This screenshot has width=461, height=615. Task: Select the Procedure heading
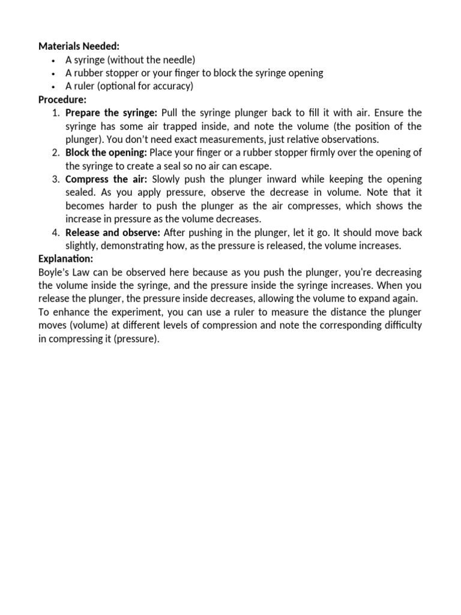tap(62, 99)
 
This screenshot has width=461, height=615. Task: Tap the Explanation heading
tap(65, 259)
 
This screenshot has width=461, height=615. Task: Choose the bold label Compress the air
tap(106, 180)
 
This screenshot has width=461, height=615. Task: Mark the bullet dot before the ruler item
tap(53, 86)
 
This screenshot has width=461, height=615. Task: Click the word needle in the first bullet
tap(175, 59)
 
